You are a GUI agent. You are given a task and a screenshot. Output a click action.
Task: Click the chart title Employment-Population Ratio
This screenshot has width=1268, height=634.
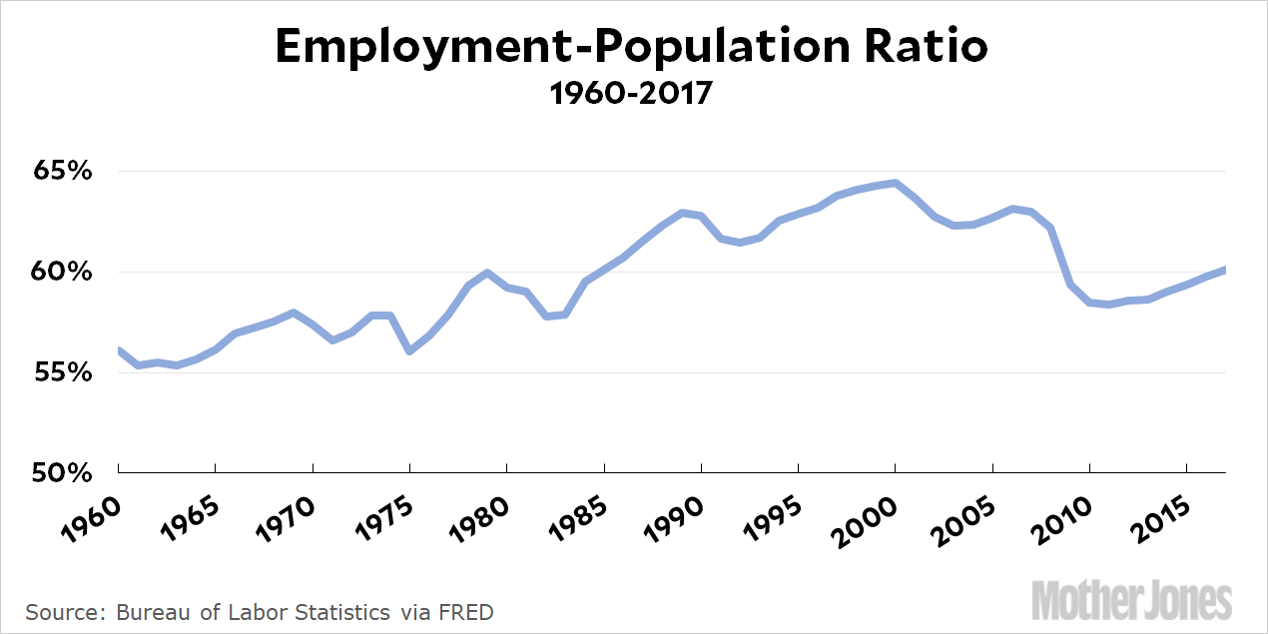coord(633,47)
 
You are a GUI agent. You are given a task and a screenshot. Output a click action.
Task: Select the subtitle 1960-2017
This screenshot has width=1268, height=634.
coord(633,95)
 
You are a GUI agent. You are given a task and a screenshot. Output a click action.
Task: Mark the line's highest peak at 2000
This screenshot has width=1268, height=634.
coord(896,183)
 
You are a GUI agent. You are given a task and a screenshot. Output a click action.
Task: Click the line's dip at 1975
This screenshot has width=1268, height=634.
coord(409,351)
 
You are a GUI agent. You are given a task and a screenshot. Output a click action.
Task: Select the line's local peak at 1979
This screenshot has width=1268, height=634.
coord(487,273)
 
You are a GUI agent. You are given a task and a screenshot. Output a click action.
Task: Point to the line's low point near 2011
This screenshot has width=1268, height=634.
coord(1109,304)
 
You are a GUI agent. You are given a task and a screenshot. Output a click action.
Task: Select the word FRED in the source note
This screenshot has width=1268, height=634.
coord(464,611)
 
